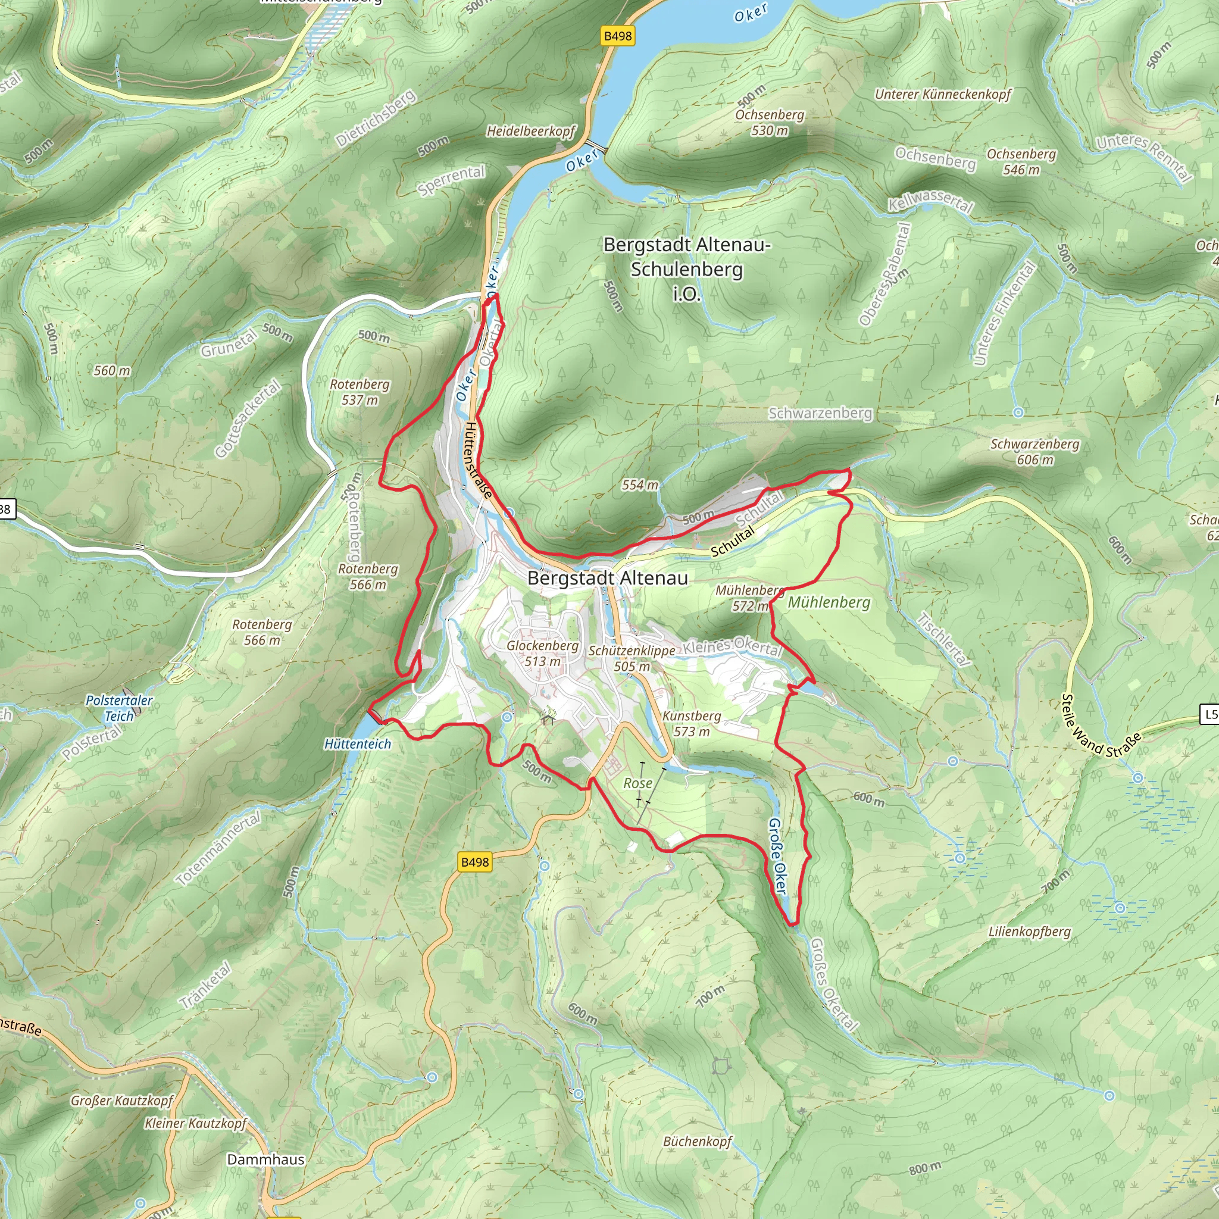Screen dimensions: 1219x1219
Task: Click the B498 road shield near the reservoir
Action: pyautogui.click(x=618, y=36)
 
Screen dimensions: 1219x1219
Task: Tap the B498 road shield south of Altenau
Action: pyautogui.click(x=474, y=862)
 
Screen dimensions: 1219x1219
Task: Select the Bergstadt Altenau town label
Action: pyautogui.click(x=607, y=578)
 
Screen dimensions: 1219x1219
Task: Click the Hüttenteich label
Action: pyautogui.click(x=358, y=744)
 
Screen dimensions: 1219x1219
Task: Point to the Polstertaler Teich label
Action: pyautogui.click(x=119, y=708)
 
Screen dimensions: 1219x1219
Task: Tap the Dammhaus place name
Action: pyautogui.click(x=265, y=1159)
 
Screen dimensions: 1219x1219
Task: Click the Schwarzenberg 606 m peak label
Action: pyautogui.click(x=1034, y=452)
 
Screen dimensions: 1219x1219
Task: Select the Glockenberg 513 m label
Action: pyautogui.click(x=543, y=653)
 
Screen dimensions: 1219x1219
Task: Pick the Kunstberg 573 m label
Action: pyautogui.click(x=692, y=724)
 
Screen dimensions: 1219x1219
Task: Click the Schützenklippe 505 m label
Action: pyautogui.click(x=632, y=658)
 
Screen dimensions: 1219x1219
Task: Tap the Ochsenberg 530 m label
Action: pyautogui.click(x=770, y=123)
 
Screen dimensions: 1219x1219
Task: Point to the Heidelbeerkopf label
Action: pyautogui.click(x=530, y=131)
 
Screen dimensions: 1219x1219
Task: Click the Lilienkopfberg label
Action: pyautogui.click(x=1030, y=932)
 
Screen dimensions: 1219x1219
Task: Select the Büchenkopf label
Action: pyautogui.click(x=697, y=1141)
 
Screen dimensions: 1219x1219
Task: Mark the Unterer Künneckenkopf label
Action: pyautogui.click(x=943, y=95)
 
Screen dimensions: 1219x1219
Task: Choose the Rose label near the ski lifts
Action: pyautogui.click(x=638, y=783)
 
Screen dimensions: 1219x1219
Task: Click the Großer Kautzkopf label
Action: pyautogui.click(x=122, y=1101)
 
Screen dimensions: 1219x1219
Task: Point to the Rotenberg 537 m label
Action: pyautogui.click(x=360, y=392)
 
